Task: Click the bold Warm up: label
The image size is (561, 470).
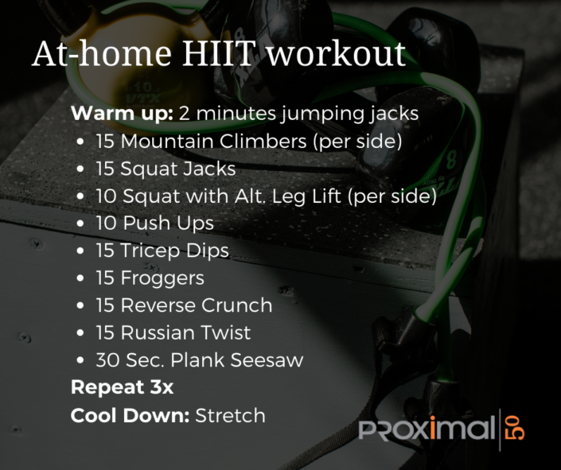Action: click(122, 114)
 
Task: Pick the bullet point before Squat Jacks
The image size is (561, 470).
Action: click(82, 169)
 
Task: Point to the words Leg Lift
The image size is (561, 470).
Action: click(314, 196)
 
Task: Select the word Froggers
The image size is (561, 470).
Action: click(162, 278)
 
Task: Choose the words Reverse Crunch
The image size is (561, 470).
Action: click(197, 305)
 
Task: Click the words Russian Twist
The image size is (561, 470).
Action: click(185, 332)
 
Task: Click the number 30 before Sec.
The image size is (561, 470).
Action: click(107, 360)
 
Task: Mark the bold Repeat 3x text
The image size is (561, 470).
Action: click(122, 387)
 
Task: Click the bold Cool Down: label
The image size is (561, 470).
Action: click(130, 415)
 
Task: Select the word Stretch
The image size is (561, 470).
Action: click(230, 415)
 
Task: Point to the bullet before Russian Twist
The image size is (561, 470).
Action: click(82, 333)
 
